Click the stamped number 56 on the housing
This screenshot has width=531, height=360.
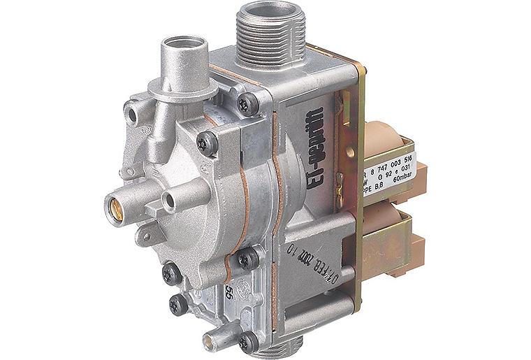click(x=227, y=293)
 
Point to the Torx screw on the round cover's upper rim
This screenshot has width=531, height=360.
click(x=208, y=143)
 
